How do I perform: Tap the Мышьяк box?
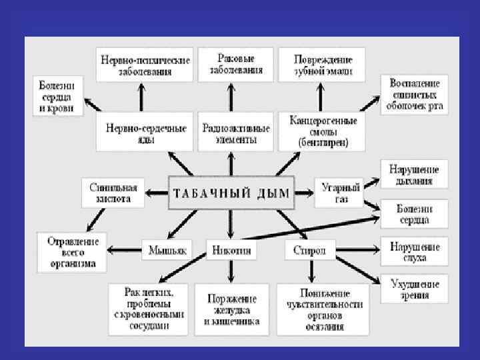(165, 251)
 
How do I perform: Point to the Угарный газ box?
(340, 193)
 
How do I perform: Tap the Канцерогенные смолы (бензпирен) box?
(323, 131)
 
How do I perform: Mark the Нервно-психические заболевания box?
(145, 65)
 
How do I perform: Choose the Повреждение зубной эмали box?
(323, 65)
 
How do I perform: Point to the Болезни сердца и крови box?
(58, 96)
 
